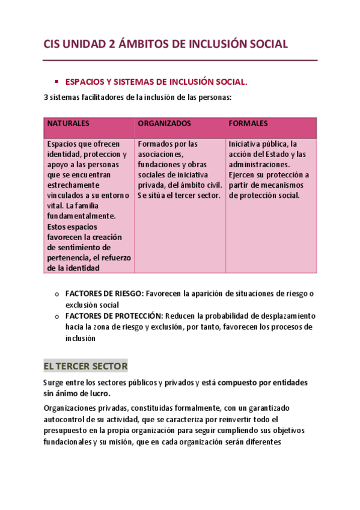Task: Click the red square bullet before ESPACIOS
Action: (55, 81)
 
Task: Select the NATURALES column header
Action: (69, 123)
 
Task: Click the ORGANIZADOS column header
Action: (164, 123)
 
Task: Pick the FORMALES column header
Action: (248, 123)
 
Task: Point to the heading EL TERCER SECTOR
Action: (85, 366)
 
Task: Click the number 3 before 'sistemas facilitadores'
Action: (46, 97)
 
